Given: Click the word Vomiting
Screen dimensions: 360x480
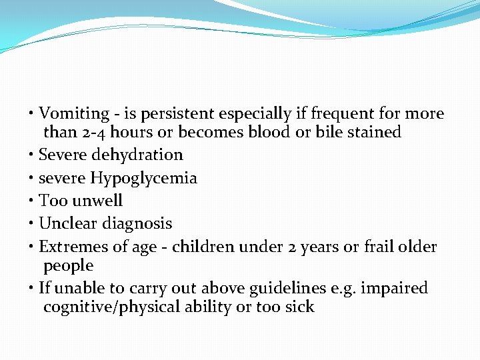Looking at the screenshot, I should click(x=74, y=114).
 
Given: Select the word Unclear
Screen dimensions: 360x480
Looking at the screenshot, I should click(x=67, y=223).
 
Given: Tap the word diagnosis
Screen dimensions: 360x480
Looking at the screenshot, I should click(x=137, y=224).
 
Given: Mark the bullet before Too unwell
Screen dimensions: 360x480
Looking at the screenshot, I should click(x=33, y=201).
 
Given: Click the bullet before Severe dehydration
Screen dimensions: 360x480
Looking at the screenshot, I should click(x=33, y=155).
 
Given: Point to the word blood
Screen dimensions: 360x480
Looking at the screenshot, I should click(x=269, y=132).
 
